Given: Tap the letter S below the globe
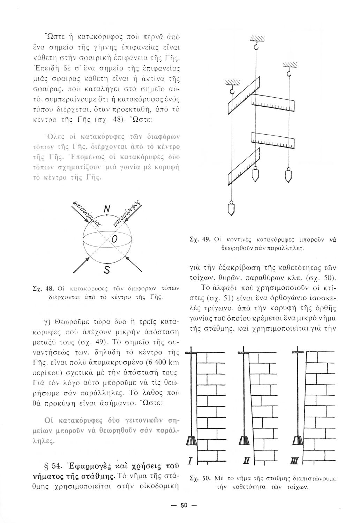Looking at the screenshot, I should click(x=107, y=270).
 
